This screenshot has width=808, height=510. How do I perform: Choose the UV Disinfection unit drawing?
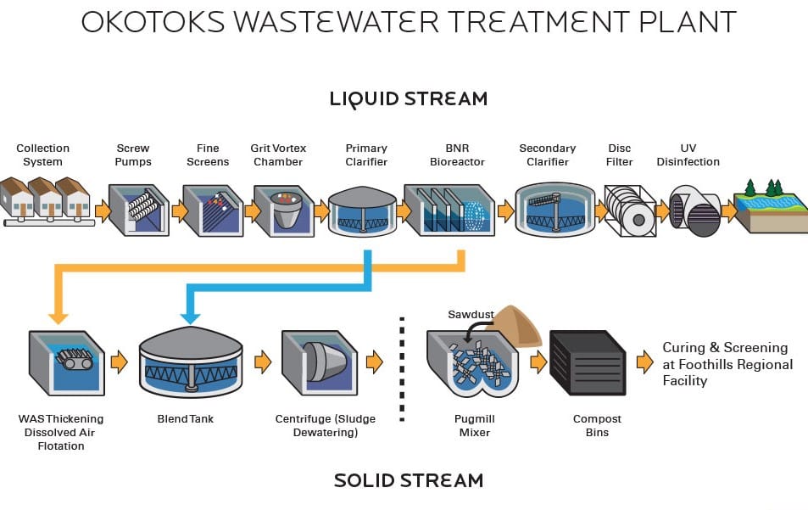694,210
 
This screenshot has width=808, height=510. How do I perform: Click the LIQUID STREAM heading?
408,98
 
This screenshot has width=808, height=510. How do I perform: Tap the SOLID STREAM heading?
408,480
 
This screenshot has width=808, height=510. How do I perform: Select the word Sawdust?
471,315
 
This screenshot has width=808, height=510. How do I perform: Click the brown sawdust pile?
518,325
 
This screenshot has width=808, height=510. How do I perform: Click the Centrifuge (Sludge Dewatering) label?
325,426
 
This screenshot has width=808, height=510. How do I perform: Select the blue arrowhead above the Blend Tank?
191,317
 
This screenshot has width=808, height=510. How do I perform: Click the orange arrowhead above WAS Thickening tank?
58,317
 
